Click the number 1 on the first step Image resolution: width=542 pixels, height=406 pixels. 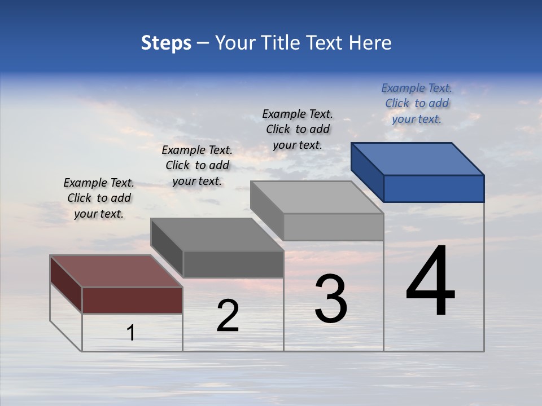pos(131,333)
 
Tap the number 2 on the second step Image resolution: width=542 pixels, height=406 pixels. pos(228,316)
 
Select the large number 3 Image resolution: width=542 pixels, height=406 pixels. pos(331,299)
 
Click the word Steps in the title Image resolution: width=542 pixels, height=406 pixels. pos(166,43)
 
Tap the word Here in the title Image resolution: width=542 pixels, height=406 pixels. pos(369,43)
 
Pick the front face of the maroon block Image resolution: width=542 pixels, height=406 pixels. pos(132,300)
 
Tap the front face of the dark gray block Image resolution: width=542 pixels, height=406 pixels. pos(233,264)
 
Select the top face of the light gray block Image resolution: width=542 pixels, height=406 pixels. pos(317,197)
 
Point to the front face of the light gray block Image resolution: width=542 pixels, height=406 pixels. pos(333,227)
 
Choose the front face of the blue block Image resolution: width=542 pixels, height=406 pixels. pos(434,188)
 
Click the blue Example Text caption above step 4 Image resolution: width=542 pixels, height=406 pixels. pos(417,103)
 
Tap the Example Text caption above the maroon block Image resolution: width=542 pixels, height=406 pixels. pos(99,198)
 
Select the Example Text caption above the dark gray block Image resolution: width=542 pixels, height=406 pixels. pos(197,165)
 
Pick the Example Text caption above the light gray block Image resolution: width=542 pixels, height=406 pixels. pos(298,129)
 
